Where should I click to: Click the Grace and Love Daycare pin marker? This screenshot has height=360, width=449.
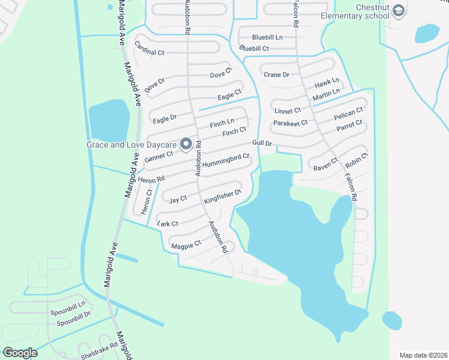186,144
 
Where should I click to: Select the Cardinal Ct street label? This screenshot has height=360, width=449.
149,49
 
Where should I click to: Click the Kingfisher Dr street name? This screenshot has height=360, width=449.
222,196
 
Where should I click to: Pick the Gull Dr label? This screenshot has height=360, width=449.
262,144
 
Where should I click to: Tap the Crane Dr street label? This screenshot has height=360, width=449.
276,74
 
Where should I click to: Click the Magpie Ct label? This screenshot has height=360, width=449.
185,245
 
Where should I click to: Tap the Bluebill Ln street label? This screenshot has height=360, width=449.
267,37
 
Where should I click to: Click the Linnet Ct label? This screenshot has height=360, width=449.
288,111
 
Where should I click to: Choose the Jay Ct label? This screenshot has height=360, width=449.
178,199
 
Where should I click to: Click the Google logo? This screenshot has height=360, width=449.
20,353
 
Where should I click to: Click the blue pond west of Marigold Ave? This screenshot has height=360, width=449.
109,119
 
